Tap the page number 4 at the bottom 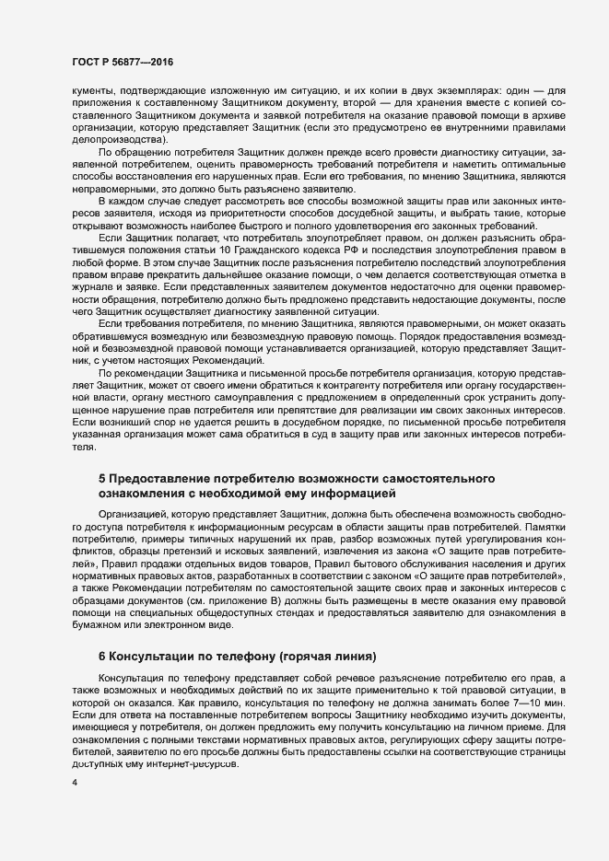click(75, 783)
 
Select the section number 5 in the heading click(102, 480)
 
